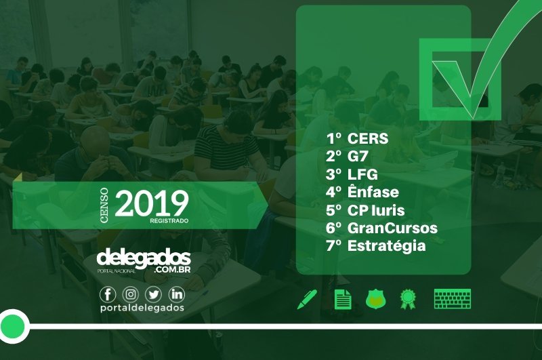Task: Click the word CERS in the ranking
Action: (x=368, y=138)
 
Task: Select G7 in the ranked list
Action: (x=358, y=157)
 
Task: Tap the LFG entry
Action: (x=362, y=174)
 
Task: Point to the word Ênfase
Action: (x=373, y=191)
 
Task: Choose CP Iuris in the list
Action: (x=376, y=210)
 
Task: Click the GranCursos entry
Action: (x=392, y=228)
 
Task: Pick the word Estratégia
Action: (x=386, y=246)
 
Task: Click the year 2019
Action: (x=152, y=203)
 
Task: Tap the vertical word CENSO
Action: (x=104, y=205)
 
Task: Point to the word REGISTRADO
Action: (x=169, y=220)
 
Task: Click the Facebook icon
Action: (x=108, y=294)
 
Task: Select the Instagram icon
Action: (x=130, y=294)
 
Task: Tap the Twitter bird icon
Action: (x=153, y=294)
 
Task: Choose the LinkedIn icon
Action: (x=177, y=294)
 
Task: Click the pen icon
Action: (x=307, y=300)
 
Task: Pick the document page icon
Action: (x=343, y=300)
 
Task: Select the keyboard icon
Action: (x=453, y=299)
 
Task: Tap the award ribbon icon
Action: (x=409, y=300)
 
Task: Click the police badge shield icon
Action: (x=376, y=300)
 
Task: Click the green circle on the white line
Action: (x=12, y=326)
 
